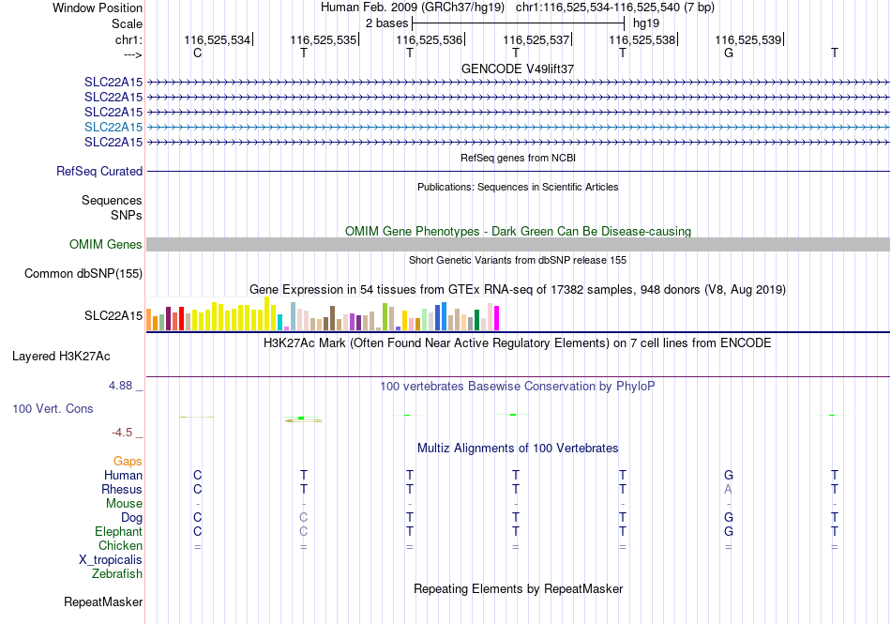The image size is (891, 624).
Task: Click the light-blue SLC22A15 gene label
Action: tap(113, 127)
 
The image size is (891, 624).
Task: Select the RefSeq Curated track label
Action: tap(99, 171)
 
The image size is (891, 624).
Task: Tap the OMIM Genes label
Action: tap(106, 244)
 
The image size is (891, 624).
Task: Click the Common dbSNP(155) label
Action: tap(83, 273)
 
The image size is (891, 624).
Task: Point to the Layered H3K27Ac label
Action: tap(61, 357)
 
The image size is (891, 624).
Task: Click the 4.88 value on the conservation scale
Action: tap(120, 386)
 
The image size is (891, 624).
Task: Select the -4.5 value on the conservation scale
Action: tap(122, 433)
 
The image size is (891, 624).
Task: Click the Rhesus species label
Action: tap(122, 489)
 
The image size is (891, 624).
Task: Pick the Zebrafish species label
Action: tap(117, 574)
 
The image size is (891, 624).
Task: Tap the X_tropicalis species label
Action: tap(111, 560)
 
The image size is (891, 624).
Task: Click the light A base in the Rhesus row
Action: tap(729, 489)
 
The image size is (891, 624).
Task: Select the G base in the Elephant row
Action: tap(729, 531)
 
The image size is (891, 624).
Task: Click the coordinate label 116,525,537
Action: tap(536, 39)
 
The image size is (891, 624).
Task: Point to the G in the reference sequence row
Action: tap(729, 53)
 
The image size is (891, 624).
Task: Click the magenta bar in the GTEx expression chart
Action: tap(497, 318)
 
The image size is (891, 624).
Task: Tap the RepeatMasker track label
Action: tap(103, 601)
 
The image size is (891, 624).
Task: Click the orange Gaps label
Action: tap(128, 461)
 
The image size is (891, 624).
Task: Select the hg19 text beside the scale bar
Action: tap(646, 23)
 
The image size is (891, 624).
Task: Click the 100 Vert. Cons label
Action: tap(53, 408)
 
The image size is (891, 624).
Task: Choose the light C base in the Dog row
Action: tap(304, 517)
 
